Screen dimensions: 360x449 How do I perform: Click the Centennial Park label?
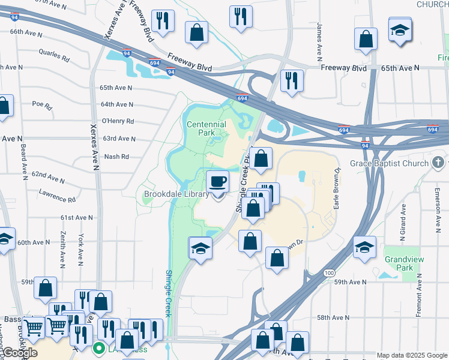(206, 128)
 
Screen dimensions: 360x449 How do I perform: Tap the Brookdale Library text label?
(176, 194)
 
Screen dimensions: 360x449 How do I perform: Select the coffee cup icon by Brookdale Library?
(217, 181)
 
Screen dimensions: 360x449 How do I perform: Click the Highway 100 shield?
(328, 273)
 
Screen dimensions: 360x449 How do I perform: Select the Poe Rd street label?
(43, 104)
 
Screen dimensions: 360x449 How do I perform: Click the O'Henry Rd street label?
(118, 121)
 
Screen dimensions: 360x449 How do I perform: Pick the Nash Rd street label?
(116, 157)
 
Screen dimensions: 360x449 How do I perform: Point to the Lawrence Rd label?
(57, 196)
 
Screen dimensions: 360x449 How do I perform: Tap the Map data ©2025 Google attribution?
(411, 355)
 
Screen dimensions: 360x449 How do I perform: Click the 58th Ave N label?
(333, 317)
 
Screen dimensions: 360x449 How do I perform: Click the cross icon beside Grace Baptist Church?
(439, 163)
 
